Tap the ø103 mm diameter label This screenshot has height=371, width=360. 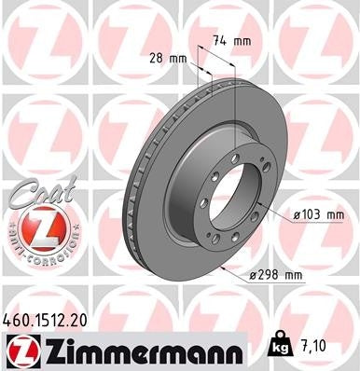(318, 214)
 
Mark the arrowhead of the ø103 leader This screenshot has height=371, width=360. (270, 211)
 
